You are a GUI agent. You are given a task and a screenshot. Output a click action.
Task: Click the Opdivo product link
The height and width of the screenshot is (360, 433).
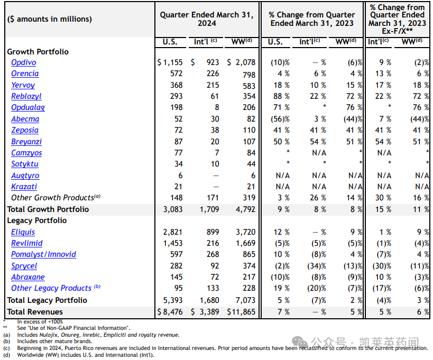(x=24, y=62)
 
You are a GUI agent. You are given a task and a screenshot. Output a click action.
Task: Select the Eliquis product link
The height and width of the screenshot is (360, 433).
(x=23, y=232)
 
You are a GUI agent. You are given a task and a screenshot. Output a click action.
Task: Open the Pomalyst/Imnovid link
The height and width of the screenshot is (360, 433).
(x=43, y=254)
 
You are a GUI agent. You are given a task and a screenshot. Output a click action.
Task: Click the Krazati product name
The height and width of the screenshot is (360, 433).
(x=24, y=187)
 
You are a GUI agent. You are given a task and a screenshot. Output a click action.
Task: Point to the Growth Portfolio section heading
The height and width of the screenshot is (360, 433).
(x=38, y=52)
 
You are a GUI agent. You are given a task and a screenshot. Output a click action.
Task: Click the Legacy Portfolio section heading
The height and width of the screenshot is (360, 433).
(x=37, y=220)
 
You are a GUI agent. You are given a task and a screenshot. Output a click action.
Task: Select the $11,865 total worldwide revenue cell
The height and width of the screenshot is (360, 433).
(x=241, y=312)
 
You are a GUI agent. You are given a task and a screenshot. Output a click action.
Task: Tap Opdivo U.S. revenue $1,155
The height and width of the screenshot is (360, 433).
(x=170, y=62)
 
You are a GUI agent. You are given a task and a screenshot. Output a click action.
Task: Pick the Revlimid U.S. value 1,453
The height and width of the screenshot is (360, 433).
(x=172, y=243)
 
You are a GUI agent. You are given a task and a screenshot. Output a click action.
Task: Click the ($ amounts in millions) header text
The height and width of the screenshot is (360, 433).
(x=50, y=19)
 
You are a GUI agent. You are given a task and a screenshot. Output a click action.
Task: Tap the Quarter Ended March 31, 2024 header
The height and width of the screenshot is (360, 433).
(x=207, y=19)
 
